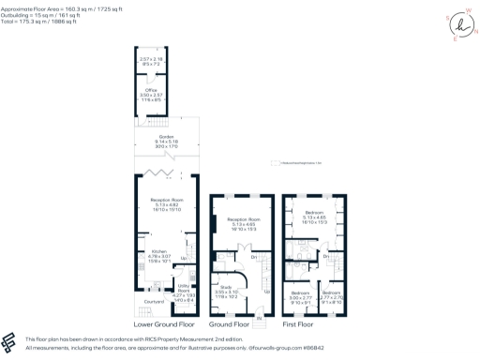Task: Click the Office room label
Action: pos(151,89)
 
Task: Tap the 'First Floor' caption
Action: pos(315,323)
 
